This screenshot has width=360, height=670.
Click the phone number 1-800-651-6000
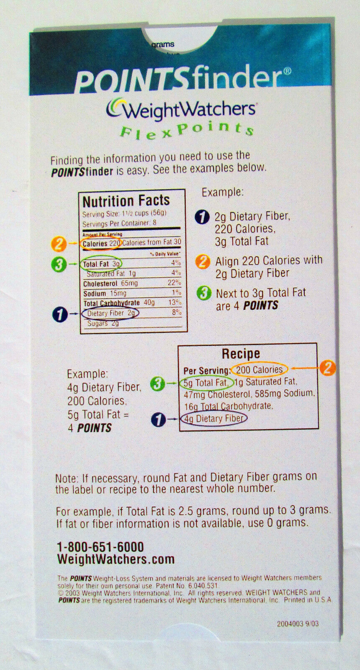[x=100, y=547]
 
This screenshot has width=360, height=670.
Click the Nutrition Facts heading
[x=126, y=201]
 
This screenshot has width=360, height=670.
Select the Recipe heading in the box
[x=241, y=354]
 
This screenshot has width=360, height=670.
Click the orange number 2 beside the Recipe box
[x=327, y=368]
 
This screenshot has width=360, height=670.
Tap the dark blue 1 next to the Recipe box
[x=158, y=419]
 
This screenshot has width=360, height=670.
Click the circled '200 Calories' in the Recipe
[x=259, y=370]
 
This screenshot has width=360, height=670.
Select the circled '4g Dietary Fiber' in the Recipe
[x=214, y=418]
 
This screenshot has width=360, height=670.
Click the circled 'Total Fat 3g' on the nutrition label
[x=101, y=264]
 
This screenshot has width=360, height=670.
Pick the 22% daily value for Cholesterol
[x=174, y=283]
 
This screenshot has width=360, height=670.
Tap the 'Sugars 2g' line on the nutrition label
[x=103, y=323]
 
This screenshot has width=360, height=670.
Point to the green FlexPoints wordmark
[x=187, y=131]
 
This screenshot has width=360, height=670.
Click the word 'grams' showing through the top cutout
[x=163, y=45]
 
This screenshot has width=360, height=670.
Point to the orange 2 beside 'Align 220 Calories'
[x=203, y=262]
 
